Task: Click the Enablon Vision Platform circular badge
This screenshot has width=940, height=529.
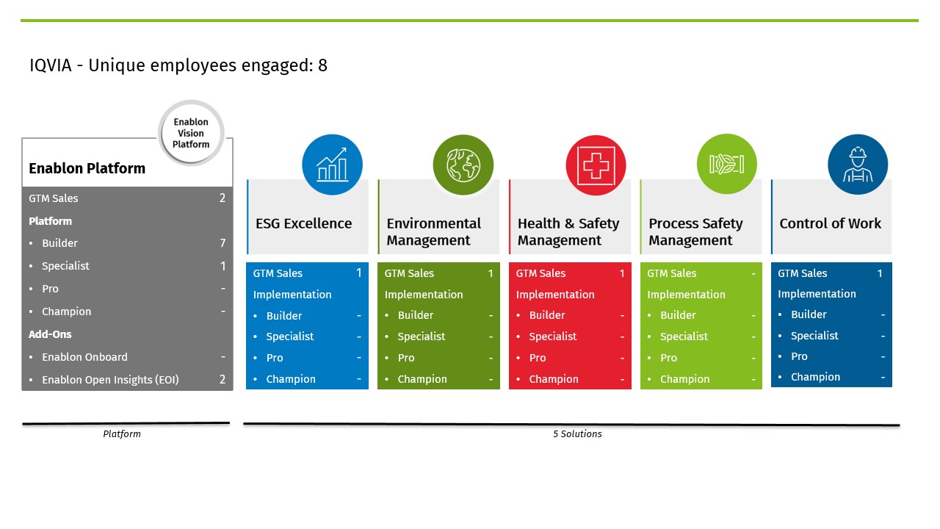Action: tap(191, 133)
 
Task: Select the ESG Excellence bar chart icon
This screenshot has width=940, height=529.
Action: tap(332, 165)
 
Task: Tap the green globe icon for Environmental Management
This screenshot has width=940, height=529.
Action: tap(463, 165)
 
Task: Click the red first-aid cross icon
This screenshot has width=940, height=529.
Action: tap(596, 165)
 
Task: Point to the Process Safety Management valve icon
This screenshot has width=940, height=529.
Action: tap(726, 164)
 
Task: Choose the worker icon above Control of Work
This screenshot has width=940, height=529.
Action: tap(857, 164)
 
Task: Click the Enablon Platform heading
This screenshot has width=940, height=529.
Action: tap(87, 168)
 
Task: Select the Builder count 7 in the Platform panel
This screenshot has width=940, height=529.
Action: tap(223, 243)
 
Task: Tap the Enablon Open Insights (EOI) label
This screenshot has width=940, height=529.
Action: tap(110, 380)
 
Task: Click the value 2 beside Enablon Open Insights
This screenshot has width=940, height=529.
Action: tap(223, 380)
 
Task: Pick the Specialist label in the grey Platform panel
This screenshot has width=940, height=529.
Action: tap(65, 266)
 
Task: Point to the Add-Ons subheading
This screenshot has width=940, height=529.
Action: tap(50, 334)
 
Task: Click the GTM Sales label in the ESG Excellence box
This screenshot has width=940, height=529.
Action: tap(278, 273)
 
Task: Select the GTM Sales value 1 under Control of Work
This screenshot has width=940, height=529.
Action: tap(880, 273)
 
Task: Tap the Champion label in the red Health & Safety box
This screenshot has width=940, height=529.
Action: tap(553, 379)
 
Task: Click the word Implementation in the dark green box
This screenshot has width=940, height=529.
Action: tap(423, 295)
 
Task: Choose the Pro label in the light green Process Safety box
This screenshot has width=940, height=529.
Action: tap(668, 358)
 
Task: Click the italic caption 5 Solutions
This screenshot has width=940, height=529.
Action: tap(577, 434)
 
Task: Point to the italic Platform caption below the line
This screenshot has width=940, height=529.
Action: tap(122, 434)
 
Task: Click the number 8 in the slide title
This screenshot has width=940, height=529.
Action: tap(322, 65)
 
